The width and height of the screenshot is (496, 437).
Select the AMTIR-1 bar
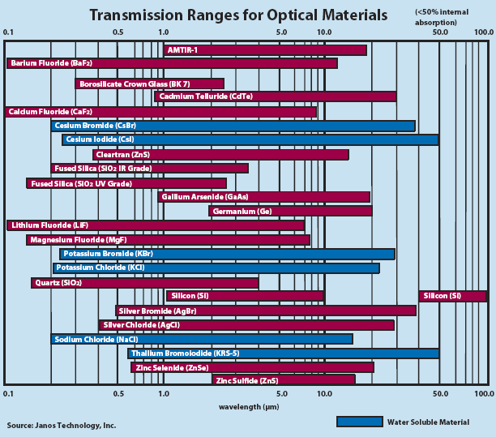pyautogui.click(x=264, y=50)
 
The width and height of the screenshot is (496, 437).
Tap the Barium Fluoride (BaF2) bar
pyautogui.click(x=172, y=63)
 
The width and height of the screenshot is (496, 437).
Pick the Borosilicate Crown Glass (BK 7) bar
pyautogui.click(x=149, y=84)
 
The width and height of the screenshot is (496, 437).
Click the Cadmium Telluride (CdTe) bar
pyautogui.click(x=275, y=96)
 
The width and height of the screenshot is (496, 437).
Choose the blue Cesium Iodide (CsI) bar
pyautogui.click(x=250, y=139)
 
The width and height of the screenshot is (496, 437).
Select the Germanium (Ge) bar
pyautogui.click(x=290, y=211)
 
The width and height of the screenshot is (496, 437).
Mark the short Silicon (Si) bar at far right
pyautogui.click(x=452, y=296)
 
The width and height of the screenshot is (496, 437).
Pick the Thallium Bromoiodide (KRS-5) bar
pyautogui.click(x=283, y=353)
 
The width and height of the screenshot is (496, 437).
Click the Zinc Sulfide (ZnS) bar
pyautogui.click(x=284, y=379)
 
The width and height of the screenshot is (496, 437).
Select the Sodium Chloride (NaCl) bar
pyautogui.click(x=202, y=339)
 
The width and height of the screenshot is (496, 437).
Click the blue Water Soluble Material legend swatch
pyautogui.click(x=359, y=422)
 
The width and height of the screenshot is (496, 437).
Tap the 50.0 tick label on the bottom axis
pyautogui.click(x=441, y=394)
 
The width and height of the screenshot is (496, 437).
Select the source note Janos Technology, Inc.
pyautogui.click(x=62, y=425)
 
